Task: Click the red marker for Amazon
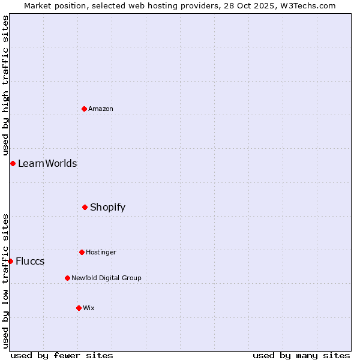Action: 85,109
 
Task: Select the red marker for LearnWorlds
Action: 13,163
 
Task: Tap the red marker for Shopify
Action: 85,207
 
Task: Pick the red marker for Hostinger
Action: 82,252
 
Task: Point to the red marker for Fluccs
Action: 10,261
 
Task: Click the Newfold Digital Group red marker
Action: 67,278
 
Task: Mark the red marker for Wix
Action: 79,308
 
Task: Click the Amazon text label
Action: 101,109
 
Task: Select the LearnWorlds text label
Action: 47,163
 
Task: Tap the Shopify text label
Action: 108,207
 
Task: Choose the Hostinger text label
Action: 101,252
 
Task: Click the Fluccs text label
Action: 30,261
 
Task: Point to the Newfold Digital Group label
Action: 106,278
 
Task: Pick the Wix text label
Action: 89,308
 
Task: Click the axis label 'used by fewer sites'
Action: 62,355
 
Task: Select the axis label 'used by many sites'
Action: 301,355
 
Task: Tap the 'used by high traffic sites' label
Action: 6,85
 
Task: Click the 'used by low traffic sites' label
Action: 6,281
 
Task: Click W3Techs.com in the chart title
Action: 308,5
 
